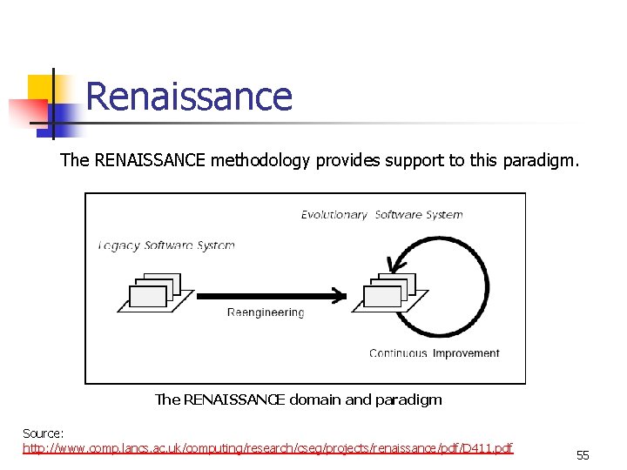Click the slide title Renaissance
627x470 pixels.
189,96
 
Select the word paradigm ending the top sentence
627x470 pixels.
542,161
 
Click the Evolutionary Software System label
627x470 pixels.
381,215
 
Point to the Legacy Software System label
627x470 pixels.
166,245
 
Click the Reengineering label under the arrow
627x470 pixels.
266,312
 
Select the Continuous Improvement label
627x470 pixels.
434,353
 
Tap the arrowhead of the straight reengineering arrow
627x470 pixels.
340,295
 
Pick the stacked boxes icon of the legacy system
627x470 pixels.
152,292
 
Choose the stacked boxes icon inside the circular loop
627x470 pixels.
388,290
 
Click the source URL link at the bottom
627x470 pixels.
267,448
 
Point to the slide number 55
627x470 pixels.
583,455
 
